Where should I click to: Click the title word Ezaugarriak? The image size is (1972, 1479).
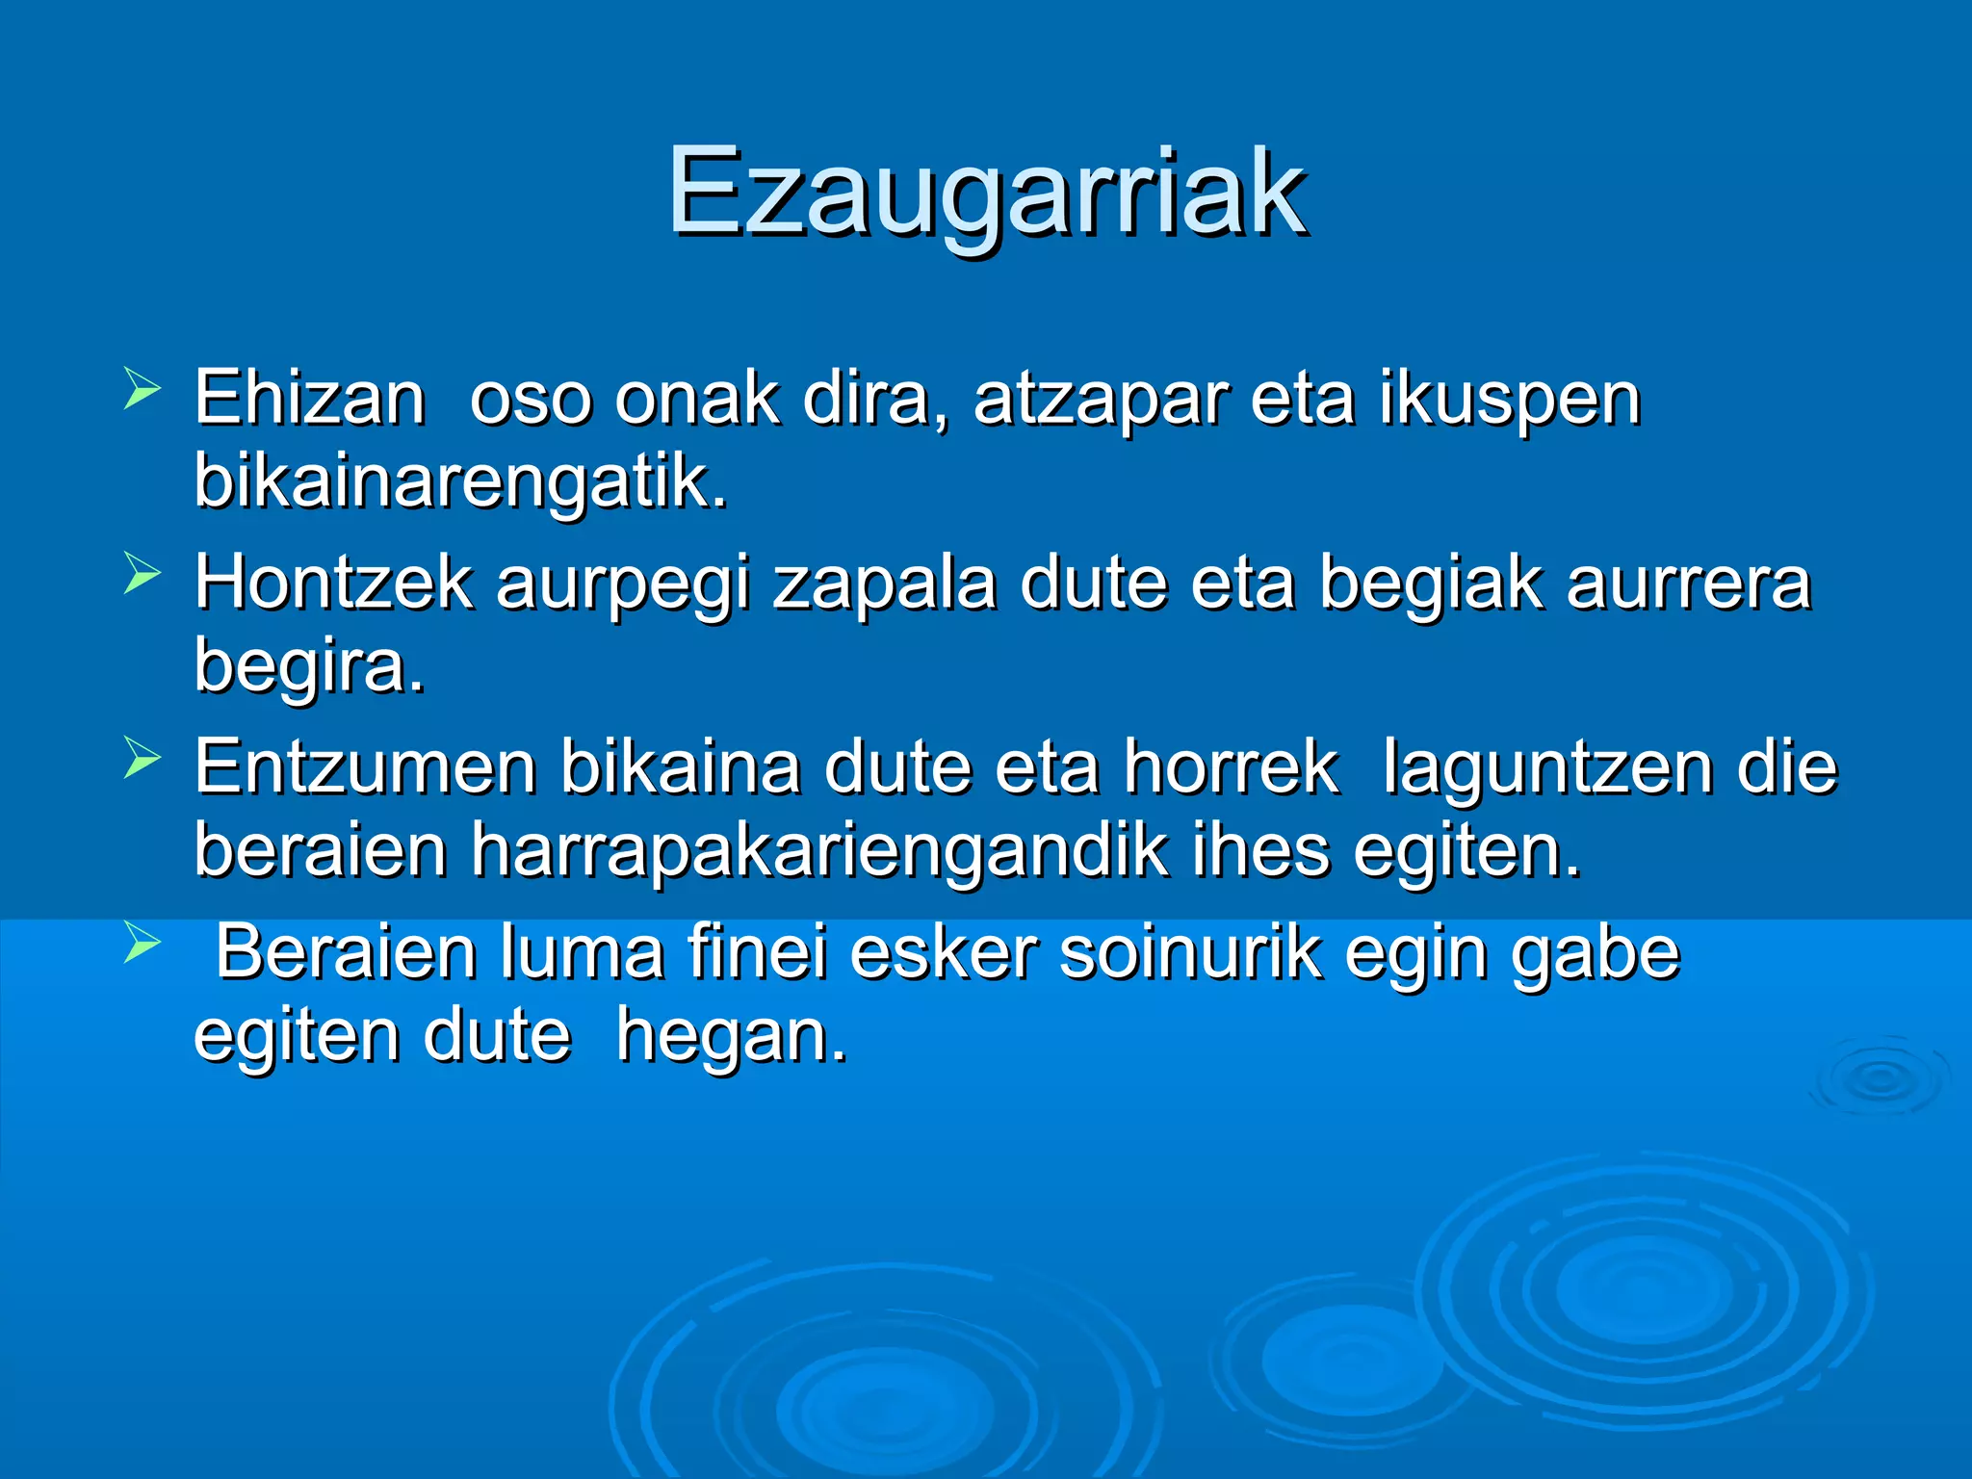click(986, 193)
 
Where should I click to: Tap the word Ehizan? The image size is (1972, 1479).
click(309, 398)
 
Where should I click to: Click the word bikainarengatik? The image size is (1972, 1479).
click(460, 481)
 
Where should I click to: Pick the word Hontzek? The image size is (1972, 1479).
click(333, 583)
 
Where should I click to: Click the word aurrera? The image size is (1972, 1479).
click(1688, 584)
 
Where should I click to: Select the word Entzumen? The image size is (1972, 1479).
click(365, 767)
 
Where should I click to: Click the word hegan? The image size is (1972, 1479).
click(731, 1037)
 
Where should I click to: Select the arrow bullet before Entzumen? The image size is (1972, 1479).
click(142, 759)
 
